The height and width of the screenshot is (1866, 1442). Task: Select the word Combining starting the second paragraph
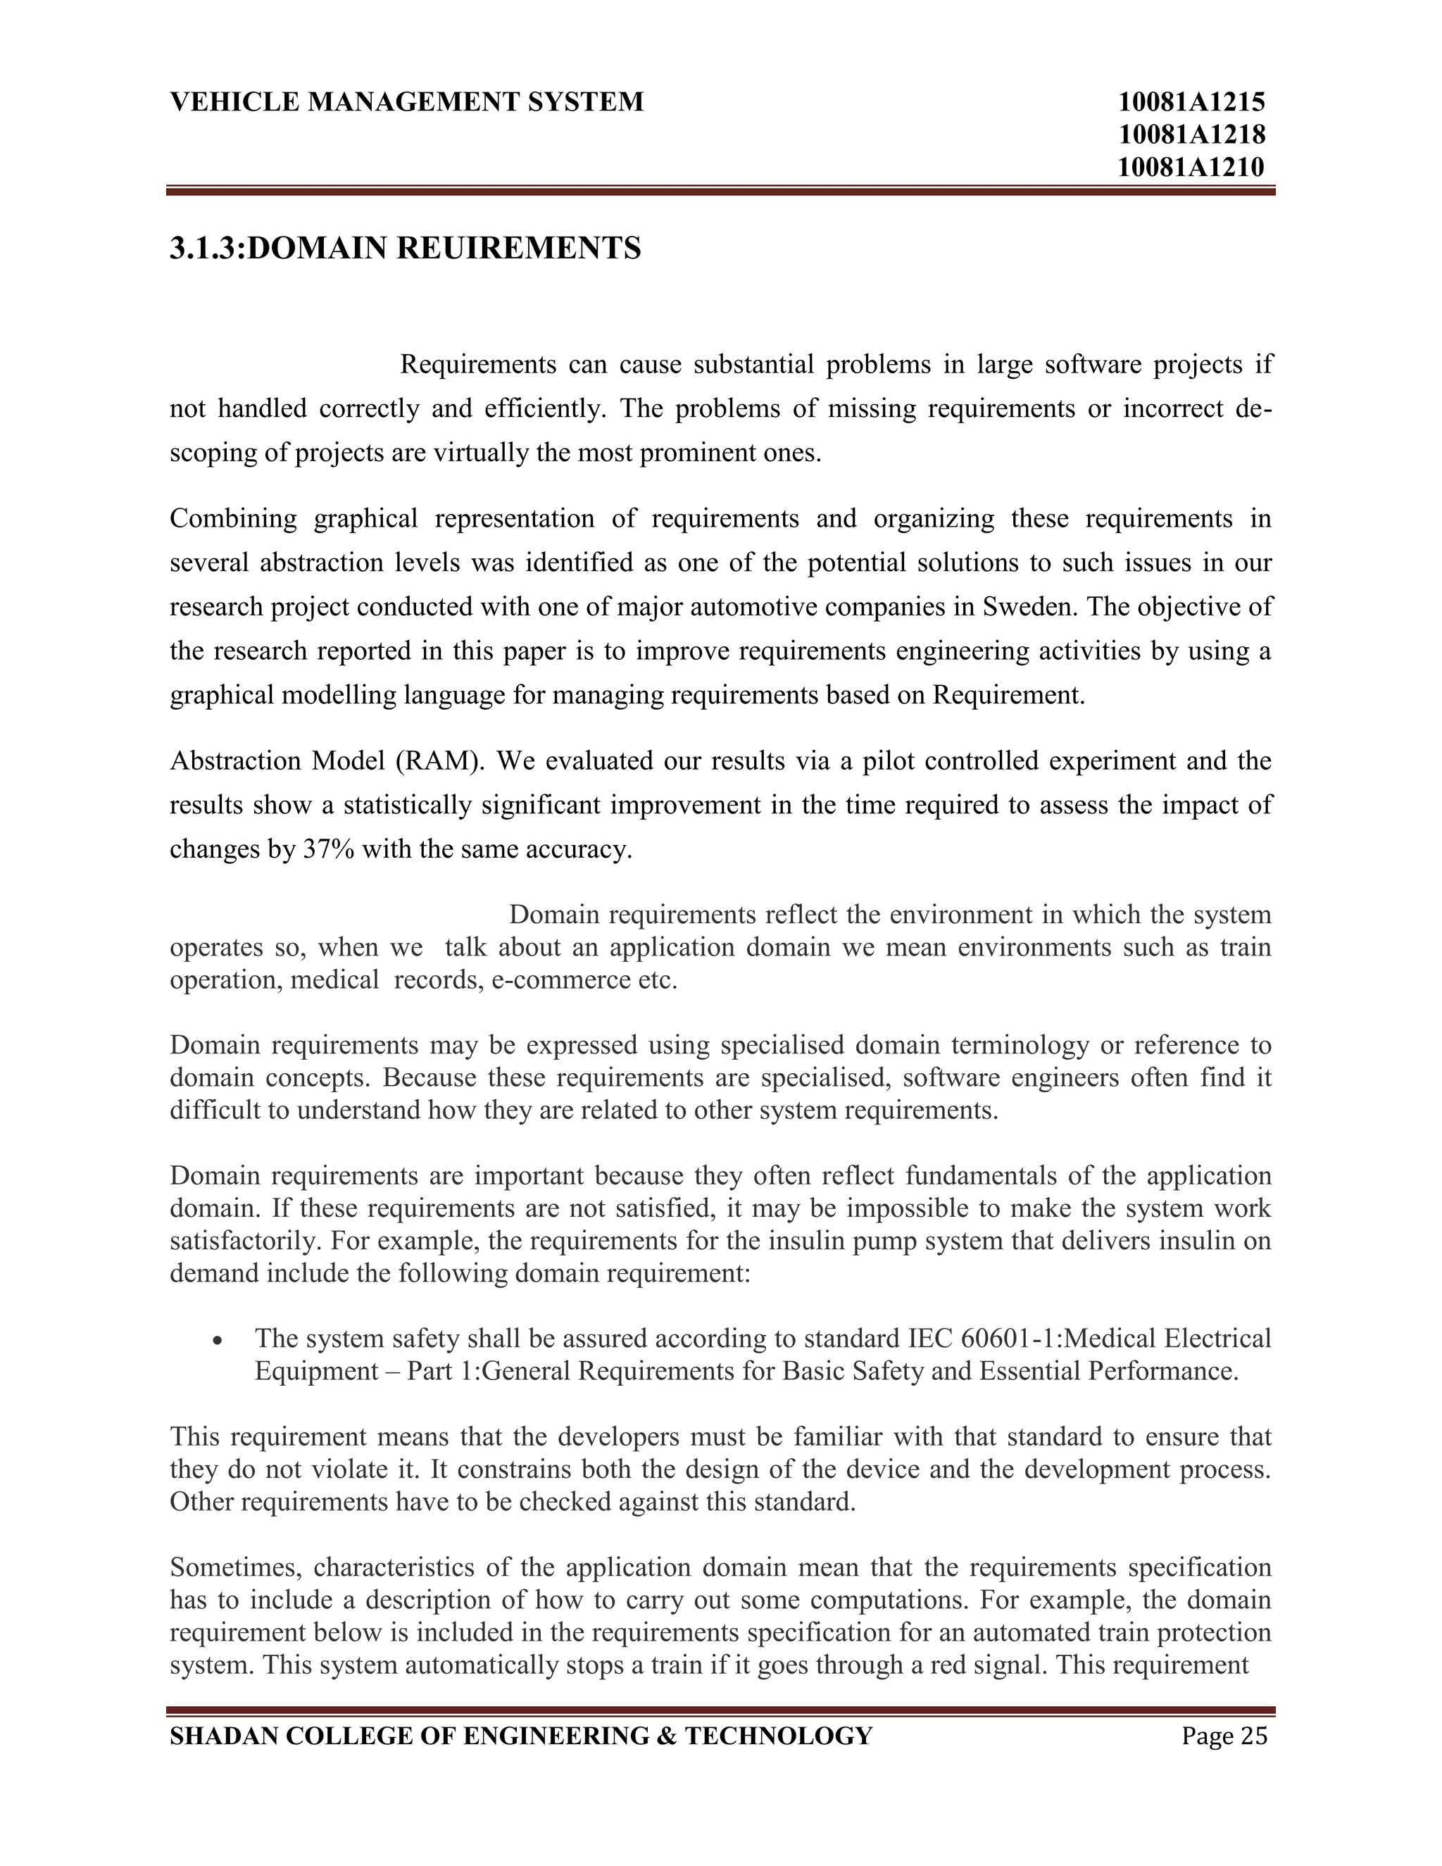click(233, 519)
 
